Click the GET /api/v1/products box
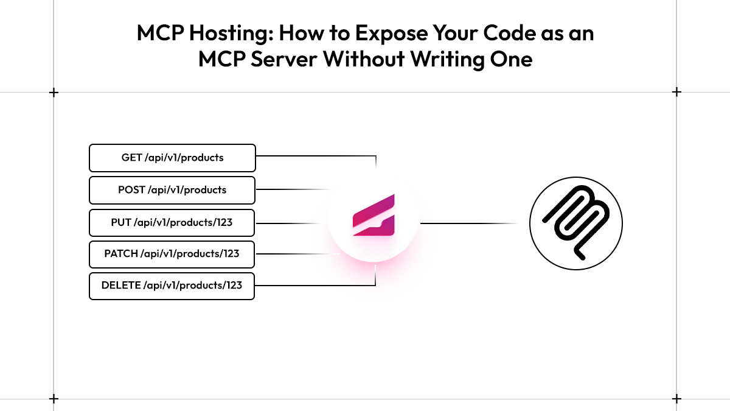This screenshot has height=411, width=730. click(172, 158)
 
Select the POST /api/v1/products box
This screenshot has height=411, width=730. click(172, 190)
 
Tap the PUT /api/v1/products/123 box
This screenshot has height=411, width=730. click(172, 223)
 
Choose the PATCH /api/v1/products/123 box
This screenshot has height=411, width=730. click(172, 255)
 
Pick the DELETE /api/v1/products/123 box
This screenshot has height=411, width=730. click(172, 286)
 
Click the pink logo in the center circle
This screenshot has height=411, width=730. click(374, 216)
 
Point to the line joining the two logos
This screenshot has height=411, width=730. click(469, 223)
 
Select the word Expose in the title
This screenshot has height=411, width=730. click(391, 34)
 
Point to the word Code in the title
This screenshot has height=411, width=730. click(509, 33)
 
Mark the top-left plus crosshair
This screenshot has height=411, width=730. click(54, 93)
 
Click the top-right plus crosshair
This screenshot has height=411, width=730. click(676, 93)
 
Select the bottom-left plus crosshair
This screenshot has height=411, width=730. click(54, 399)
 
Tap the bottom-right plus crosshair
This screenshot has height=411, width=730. click(676, 399)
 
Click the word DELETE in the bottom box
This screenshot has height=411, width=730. click(121, 286)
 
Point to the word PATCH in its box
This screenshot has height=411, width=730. click(121, 254)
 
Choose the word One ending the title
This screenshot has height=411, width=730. click(511, 59)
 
